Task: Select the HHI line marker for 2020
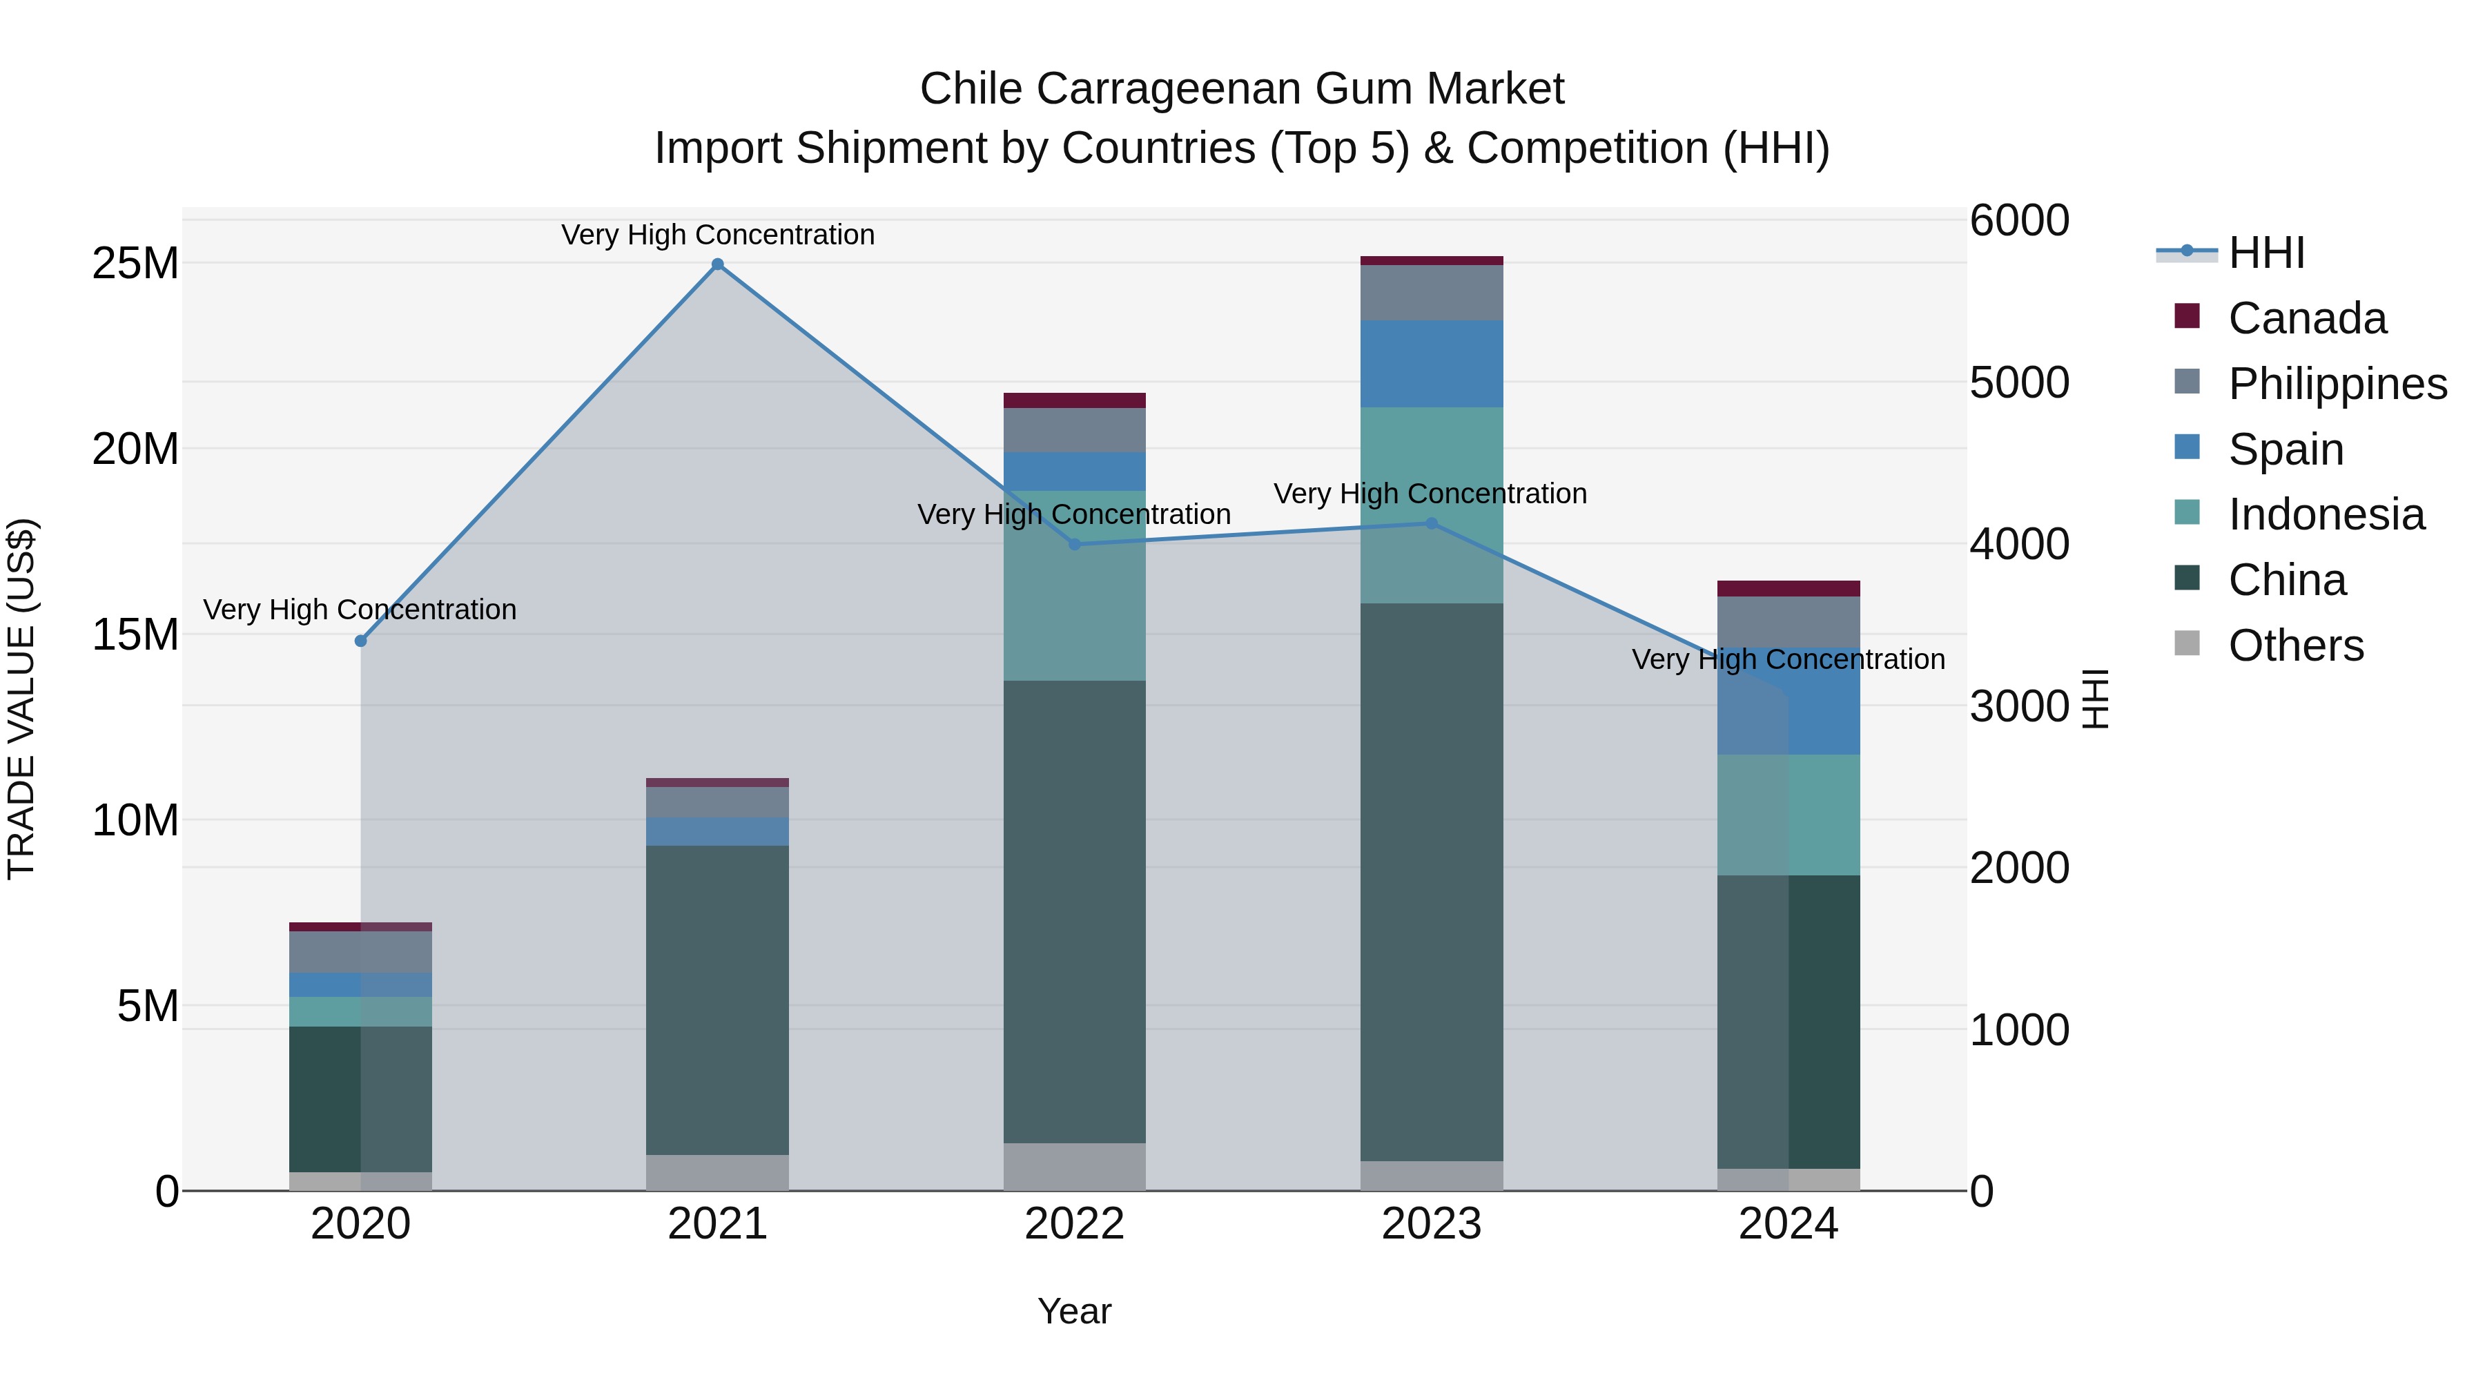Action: click(x=361, y=641)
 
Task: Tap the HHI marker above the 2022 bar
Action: click(x=1075, y=544)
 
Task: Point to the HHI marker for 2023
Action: click(x=1432, y=524)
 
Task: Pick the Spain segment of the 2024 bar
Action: click(x=1789, y=701)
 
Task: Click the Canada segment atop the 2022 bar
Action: click(x=1075, y=400)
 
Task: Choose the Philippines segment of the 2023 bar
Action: click(x=1432, y=292)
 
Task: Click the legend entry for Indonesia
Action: click(x=2326, y=514)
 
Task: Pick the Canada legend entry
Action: click(x=2306, y=318)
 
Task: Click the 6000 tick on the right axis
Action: click(x=2018, y=220)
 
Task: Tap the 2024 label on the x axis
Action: click(x=1789, y=1224)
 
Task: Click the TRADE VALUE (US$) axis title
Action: click(x=22, y=699)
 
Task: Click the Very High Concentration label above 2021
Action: click(x=718, y=235)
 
